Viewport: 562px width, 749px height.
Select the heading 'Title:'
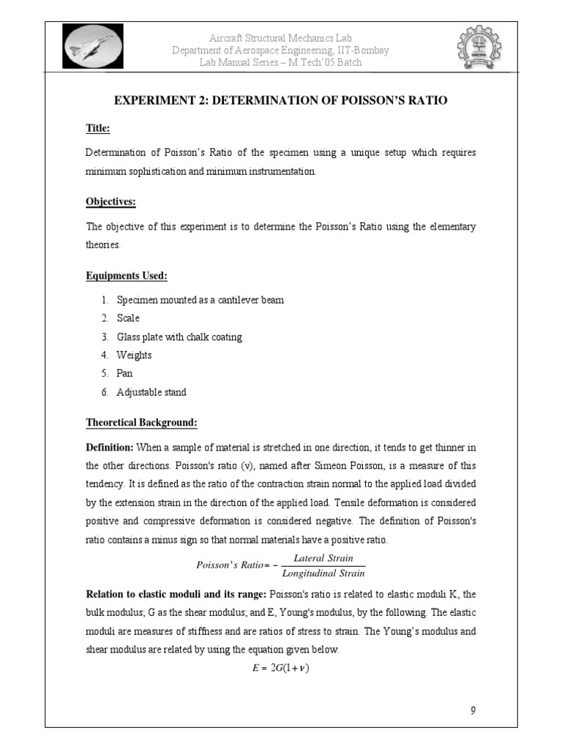click(98, 129)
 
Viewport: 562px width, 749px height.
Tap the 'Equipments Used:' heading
click(127, 276)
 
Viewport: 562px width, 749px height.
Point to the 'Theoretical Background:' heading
click(141, 423)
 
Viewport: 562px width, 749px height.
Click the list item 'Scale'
click(127, 318)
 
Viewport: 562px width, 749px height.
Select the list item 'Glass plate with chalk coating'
click(179, 337)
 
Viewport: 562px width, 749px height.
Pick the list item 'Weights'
click(134, 355)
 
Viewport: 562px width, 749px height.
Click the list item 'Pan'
click(125, 374)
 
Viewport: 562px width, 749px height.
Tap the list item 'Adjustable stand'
click(151, 392)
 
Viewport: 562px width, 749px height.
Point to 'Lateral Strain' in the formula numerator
click(323, 558)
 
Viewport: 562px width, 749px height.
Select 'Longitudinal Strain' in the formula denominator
click(323, 573)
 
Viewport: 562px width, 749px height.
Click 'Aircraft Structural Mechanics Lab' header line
click(280, 38)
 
